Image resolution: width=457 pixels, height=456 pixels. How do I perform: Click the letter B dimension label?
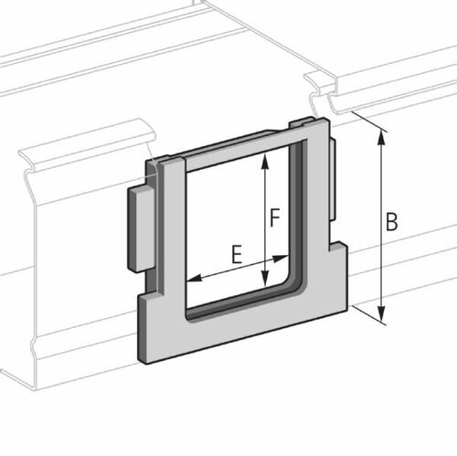coord(391,222)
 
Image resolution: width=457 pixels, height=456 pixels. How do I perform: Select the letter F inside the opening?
coord(274,218)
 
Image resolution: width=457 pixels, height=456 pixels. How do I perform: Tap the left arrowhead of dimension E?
coord(190,279)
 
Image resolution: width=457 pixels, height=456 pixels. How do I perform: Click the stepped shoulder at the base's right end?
coord(338,251)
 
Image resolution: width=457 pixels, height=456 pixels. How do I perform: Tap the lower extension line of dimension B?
coord(366,315)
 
